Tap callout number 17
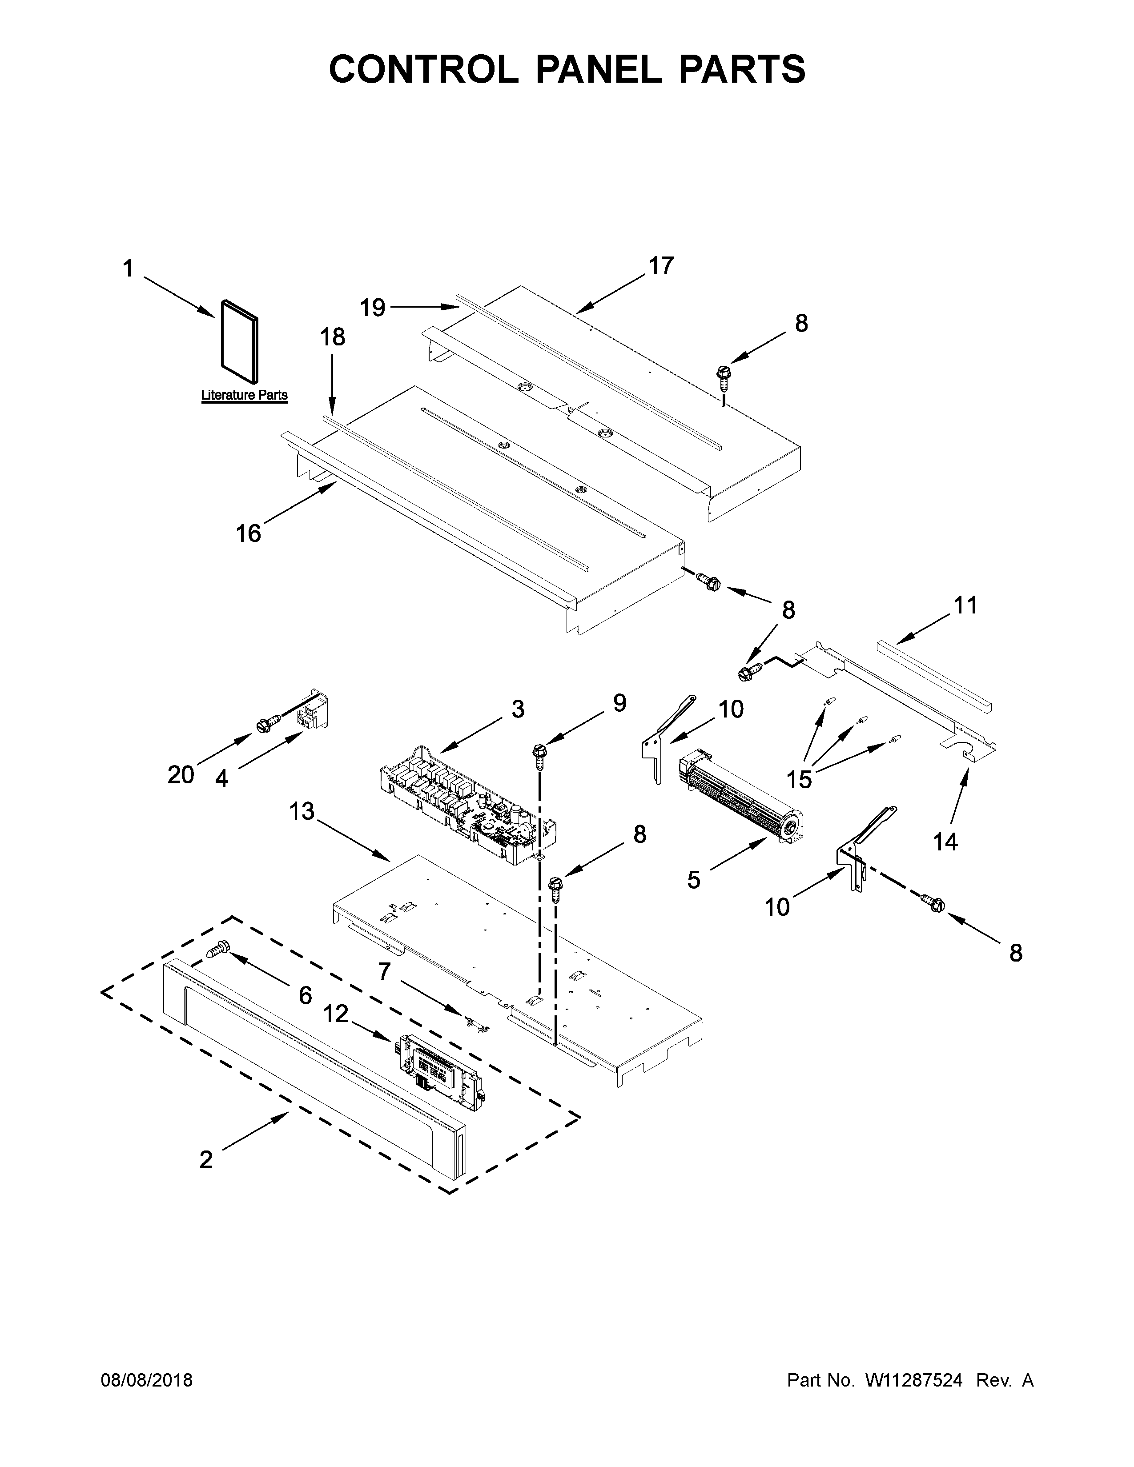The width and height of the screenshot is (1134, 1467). click(660, 266)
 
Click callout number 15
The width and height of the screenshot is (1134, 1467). click(800, 779)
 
